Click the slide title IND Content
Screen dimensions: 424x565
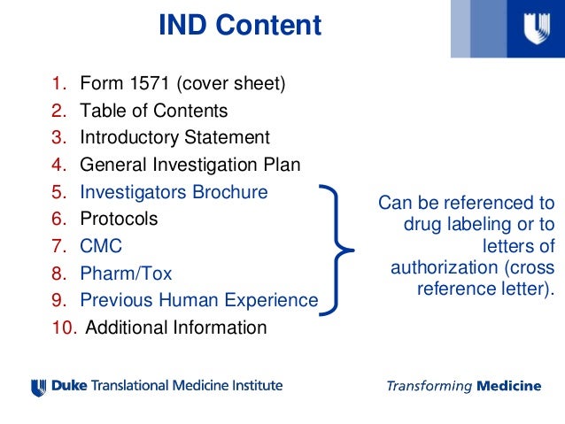tap(239, 26)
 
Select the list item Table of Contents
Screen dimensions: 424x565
tap(153, 112)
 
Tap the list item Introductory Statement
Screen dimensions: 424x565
tap(174, 138)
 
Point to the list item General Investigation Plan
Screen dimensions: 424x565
tap(190, 165)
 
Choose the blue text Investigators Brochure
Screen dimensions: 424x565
tap(174, 191)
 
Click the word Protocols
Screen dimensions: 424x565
tap(119, 219)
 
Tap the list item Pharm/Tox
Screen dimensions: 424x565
tap(126, 273)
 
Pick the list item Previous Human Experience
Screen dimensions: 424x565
tap(198, 300)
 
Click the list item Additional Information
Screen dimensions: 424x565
tap(175, 328)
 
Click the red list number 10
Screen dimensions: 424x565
tap(64, 328)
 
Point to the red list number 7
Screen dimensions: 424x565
tap(58, 245)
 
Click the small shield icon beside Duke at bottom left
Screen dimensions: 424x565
tap(37, 387)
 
